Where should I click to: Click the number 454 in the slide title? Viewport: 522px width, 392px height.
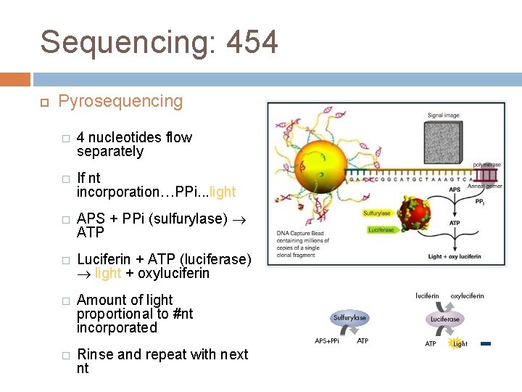[x=252, y=43]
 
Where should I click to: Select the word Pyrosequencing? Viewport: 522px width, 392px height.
[x=120, y=101]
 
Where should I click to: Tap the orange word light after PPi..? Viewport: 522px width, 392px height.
[x=222, y=192]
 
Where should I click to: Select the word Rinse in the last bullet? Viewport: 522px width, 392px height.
[x=94, y=354]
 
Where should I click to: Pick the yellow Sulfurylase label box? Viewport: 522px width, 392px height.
[x=377, y=213]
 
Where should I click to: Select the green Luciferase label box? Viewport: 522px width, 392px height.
[x=381, y=229]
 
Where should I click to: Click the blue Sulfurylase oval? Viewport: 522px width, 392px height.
[x=349, y=318]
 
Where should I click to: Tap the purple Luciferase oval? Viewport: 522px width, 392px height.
[x=445, y=319]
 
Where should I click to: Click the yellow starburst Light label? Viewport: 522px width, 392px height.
[x=460, y=343]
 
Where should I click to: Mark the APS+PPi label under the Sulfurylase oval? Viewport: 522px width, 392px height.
[x=326, y=340]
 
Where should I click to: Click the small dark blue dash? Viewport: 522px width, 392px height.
[x=486, y=343]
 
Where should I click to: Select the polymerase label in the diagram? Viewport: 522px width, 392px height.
[x=486, y=165]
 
